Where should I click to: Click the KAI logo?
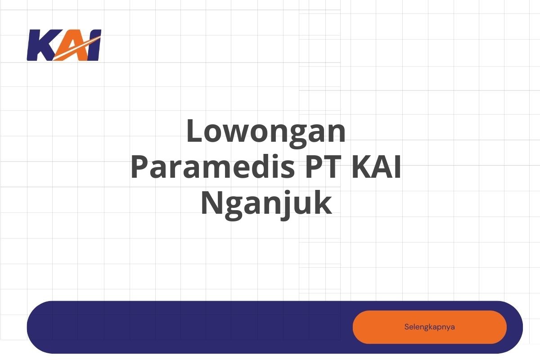64,45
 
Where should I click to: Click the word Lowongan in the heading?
266,133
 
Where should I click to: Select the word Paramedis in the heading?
213,167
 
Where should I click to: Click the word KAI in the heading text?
376,167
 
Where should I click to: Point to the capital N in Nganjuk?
211,202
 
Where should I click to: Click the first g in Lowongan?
298,137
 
